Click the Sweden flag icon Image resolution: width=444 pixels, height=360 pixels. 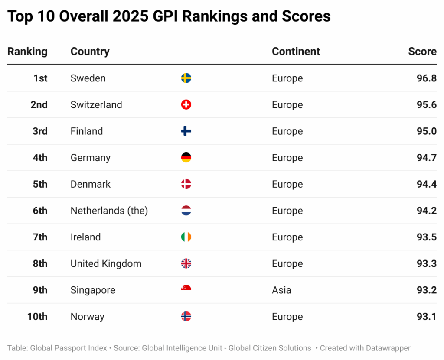(186, 78)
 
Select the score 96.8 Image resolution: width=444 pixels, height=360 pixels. (426, 78)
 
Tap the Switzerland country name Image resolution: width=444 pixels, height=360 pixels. (96, 105)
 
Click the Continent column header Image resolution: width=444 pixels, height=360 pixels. (296, 51)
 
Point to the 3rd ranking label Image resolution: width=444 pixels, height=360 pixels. (40, 131)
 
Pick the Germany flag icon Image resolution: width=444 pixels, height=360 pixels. (186, 158)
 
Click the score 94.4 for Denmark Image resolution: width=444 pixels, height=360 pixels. (426, 184)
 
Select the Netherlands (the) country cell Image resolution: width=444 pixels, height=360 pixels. (109, 211)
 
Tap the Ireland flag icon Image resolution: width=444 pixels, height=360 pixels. (186, 237)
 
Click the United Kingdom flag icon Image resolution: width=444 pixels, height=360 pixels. (186, 263)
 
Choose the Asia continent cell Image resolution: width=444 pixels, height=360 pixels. (281, 290)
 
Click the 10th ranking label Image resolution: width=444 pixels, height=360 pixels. (37, 316)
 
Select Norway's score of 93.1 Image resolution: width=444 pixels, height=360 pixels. (426, 316)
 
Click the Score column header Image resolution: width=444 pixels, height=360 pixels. (422, 51)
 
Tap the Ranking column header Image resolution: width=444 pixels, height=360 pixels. (27, 51)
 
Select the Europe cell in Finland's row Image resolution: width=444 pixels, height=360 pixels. (287, 131)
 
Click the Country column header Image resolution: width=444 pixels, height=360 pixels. (90, 51)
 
